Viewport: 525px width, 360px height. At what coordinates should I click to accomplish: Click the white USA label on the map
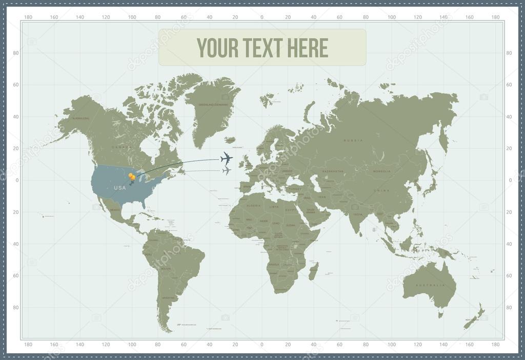[x=119, y=188]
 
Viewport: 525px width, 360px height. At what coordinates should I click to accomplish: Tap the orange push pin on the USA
[x=132, y=177]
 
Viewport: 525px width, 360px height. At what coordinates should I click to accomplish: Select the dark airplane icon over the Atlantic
[x=226, y=158]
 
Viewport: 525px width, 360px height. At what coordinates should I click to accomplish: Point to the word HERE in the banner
[x=308, y=48]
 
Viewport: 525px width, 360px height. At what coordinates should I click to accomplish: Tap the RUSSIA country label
[x=353, y=140]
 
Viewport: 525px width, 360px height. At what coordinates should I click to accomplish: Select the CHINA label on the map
[x=381, y=190]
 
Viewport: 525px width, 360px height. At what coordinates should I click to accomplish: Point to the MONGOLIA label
[x=382, y=171]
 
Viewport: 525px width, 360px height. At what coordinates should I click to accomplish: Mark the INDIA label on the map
[x=357, y=214]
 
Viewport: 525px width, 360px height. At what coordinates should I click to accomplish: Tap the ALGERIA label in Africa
[x=254, y=206]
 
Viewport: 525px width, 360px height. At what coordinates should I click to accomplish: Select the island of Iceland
[x=230, y=139]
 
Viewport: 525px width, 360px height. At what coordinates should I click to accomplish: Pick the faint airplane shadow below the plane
[x=226, y=171]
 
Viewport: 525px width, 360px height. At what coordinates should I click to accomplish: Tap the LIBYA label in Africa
[x=274, y=207]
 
